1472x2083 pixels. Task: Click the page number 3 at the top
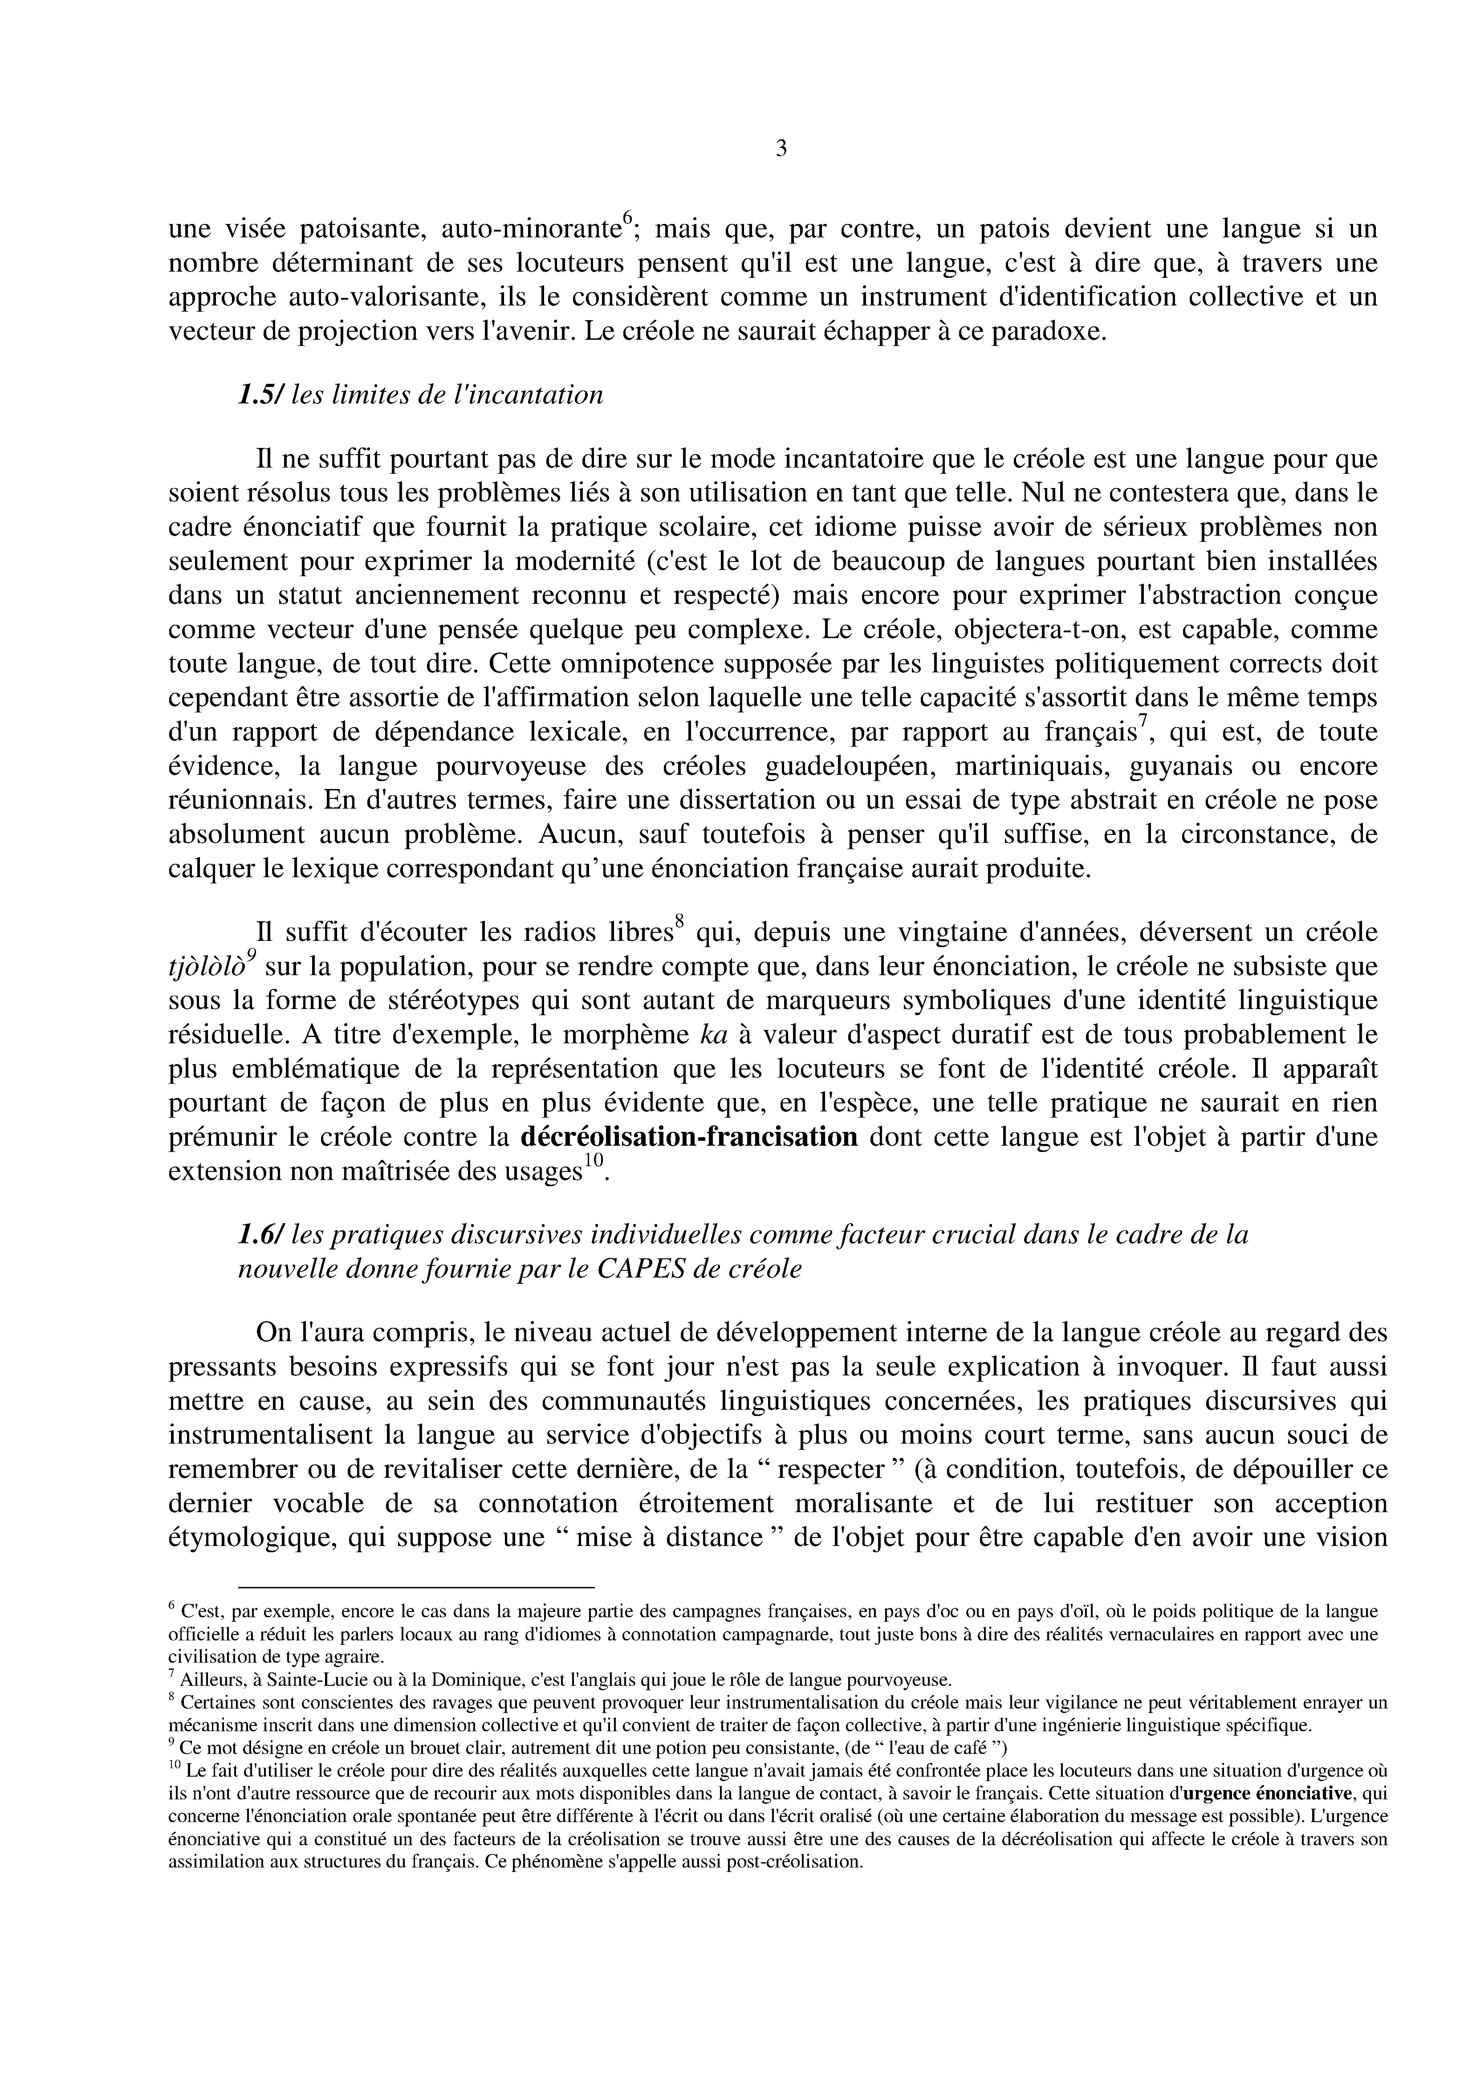781,149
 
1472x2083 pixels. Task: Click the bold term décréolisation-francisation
689,1137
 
